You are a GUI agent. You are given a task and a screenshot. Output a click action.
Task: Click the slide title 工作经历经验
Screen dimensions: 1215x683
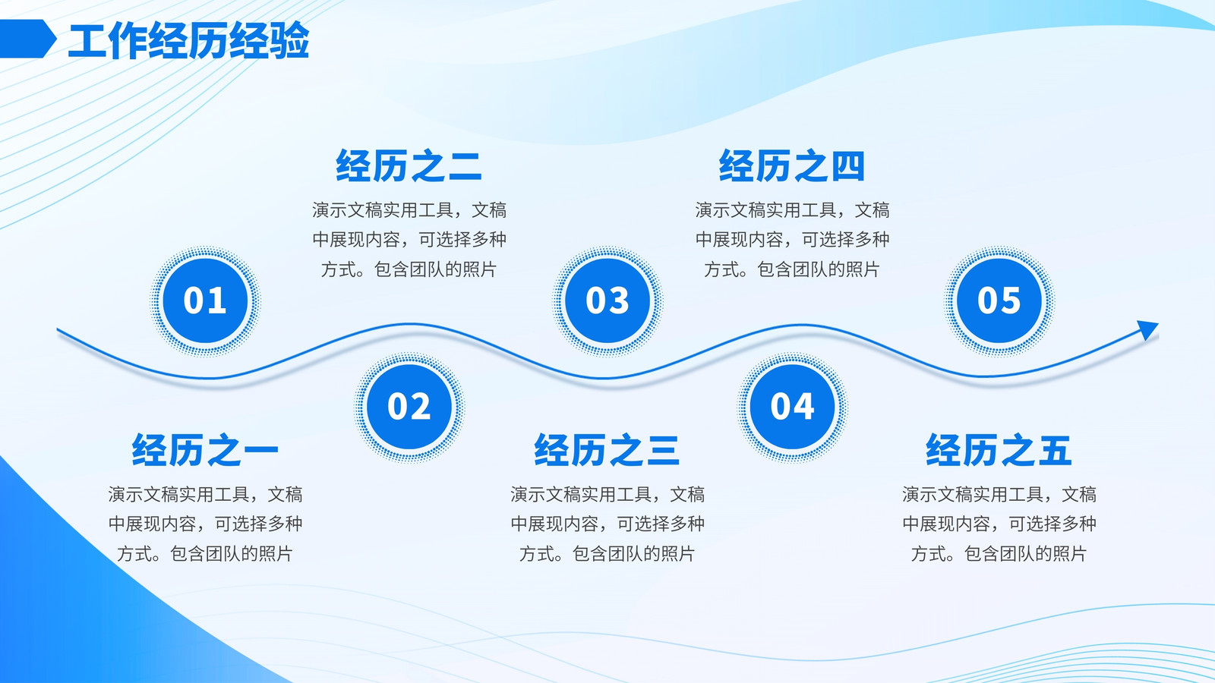[x=189, y=40]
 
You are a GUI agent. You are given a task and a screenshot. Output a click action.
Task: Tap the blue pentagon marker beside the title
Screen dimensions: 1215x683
[x=27, y=39]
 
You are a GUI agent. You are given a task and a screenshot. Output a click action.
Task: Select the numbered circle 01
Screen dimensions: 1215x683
[x=205, y=301]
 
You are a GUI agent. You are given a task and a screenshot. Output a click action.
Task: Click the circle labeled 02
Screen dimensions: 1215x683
[x=409, y=407]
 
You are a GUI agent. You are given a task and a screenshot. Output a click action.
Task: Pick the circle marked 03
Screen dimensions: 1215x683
[x=607, y=301]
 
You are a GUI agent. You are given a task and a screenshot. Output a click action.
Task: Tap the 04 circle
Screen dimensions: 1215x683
[x=793, y=407]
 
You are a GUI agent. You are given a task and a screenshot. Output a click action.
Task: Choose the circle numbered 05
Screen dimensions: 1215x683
[x=999, y=301]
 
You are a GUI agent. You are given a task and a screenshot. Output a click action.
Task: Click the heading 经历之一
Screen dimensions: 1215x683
[x=205, y=450]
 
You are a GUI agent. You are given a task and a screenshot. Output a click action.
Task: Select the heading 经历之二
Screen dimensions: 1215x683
[x=409, y=165]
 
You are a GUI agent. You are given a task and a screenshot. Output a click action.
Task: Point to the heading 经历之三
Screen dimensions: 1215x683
[x=607, y=450]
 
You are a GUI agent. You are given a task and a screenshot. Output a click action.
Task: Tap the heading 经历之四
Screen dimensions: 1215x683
[x=792, y=165]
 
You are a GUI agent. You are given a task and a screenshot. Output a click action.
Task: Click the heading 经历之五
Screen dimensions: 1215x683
[x=999, y=450]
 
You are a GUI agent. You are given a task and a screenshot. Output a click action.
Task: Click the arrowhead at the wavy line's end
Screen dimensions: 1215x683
[x=1147, y=329]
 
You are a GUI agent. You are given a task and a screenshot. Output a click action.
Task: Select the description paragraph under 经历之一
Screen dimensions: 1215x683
[x=205, y=524]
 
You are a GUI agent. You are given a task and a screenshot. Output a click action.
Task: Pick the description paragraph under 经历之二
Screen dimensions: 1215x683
[x=409, y=240]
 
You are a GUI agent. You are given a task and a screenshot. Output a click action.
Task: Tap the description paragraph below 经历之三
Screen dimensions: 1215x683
[x=607, y=524]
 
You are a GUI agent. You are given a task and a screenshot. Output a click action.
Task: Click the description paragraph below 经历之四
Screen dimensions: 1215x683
[x=793, y=240]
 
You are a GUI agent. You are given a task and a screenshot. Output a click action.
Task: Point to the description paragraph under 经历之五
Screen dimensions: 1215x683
[x=999, y=524]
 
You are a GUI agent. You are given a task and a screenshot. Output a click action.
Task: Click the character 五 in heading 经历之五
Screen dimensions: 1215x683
[x=1054, y=450]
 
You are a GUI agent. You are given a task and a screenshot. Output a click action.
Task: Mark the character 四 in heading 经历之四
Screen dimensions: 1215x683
[x=847, y=166]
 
